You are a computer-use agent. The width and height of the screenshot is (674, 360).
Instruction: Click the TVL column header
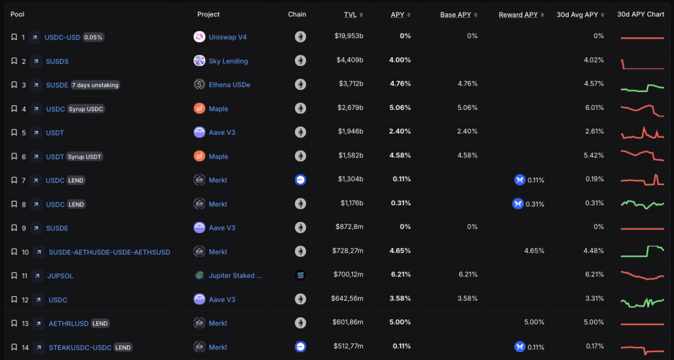(x=350, y=14)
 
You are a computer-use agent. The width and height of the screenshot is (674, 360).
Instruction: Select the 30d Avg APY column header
(x=577, y=14)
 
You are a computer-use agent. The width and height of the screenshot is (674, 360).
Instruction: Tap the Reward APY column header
(x=518, y=14)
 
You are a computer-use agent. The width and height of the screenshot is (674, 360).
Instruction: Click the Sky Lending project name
(x=228, y=61)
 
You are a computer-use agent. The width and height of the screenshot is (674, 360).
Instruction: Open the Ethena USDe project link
(x=229, y=85)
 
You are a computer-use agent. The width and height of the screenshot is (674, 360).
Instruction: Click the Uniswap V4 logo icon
(x=199, y=37)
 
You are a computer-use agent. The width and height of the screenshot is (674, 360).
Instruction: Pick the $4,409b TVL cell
(x=349, y=61)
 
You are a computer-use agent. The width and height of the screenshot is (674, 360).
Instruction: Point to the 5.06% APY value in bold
(x=400, y=109)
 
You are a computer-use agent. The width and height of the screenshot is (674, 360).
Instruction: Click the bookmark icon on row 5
(x=14, y=132)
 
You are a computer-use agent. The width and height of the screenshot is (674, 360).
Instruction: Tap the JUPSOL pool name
(x=61, y=276)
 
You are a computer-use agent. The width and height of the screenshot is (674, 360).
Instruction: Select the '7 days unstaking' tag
(x=95, y=85)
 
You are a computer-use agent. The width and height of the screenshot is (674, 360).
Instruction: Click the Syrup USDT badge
(x=85, y=157)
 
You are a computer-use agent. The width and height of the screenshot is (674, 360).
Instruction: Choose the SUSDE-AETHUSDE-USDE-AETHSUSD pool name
(x=109, y=252)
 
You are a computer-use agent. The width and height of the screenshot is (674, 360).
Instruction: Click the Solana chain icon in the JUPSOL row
(x=300, y=275)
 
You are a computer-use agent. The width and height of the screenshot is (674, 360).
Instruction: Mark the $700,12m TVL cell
(x=348, y=275)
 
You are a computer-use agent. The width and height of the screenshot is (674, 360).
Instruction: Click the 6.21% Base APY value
(x=467, y=275)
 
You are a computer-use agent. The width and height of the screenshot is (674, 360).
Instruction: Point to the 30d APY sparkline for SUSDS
(x=642, y=63)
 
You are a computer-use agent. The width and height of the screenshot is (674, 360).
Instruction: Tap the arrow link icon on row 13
(x=37, y=323)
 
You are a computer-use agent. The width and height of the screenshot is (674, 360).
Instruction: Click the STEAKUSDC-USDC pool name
(x=80, y=347)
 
